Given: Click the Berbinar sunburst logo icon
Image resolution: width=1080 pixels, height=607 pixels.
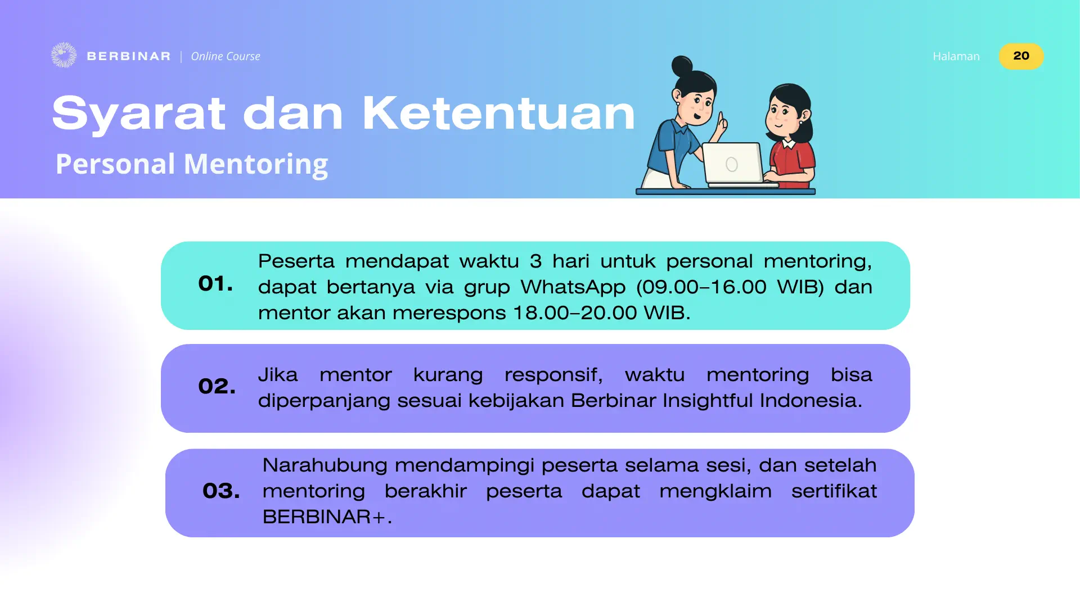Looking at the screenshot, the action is [x=64, y=55].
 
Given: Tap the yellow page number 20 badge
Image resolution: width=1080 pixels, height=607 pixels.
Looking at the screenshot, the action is [x=1021, y=56].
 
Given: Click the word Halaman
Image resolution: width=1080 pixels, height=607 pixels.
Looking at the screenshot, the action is [x=956, y=56].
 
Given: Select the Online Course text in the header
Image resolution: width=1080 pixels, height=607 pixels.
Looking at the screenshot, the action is [x=226, y=56].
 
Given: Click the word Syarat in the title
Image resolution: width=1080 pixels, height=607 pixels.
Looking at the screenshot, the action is [x=139, y=114].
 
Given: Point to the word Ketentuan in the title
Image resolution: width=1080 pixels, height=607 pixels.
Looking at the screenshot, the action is [x=498, y=114].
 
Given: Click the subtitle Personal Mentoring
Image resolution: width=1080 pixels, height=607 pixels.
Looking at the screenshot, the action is [x=191, y=164].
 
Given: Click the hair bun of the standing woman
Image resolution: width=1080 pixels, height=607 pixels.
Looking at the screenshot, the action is [x=682, y=66].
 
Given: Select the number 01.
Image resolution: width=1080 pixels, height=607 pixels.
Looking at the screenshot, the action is [x=215, y=284].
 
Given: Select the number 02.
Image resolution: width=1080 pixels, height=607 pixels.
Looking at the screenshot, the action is [x=217, y=386].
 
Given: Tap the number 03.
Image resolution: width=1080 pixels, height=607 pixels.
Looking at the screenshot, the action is [x=221, y=491].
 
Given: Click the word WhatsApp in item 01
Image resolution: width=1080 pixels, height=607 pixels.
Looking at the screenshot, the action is [x=573, y=288].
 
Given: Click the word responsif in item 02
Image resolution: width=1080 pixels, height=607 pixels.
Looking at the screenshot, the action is [x=553, y=375].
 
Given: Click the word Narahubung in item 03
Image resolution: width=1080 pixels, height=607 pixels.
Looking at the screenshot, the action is [x=325, y=466].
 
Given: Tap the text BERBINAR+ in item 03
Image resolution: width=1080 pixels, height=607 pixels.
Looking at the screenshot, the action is [x=327, y=517].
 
